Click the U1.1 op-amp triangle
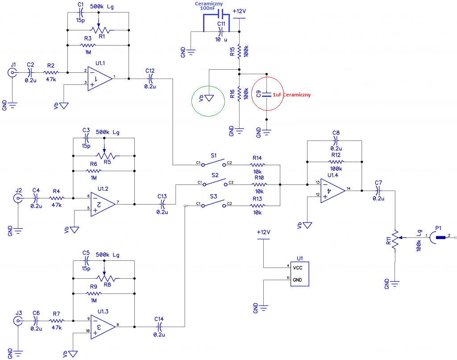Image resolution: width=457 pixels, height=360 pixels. coord(100,79)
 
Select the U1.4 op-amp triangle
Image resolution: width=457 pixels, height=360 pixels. coord(332,191)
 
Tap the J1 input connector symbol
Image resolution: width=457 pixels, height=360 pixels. coord(12,72)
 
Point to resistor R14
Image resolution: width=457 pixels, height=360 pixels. coord(258,165)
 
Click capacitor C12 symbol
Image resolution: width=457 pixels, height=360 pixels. coord(150,79)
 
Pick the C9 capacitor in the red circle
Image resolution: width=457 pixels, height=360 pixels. coord(266,95)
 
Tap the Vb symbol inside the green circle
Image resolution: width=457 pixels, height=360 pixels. coord(209,98)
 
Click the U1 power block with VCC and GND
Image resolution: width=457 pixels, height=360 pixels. coord(299,274)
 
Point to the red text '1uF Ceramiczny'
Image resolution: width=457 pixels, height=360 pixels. coord(291,95)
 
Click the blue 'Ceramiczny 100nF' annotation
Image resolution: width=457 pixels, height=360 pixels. coord(209,6)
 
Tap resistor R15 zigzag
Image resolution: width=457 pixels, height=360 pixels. coord(239,51)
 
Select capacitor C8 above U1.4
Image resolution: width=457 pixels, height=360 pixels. coord(336,141)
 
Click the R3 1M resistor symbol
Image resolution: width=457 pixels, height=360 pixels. coord(88,45)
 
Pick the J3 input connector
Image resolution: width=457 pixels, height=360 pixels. coord(18,321)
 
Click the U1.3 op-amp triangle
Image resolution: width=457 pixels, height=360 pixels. coord(103,327)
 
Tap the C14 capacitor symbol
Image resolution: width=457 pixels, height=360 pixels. coord(159,327)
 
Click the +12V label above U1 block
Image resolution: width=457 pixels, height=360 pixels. coord(263,232)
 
